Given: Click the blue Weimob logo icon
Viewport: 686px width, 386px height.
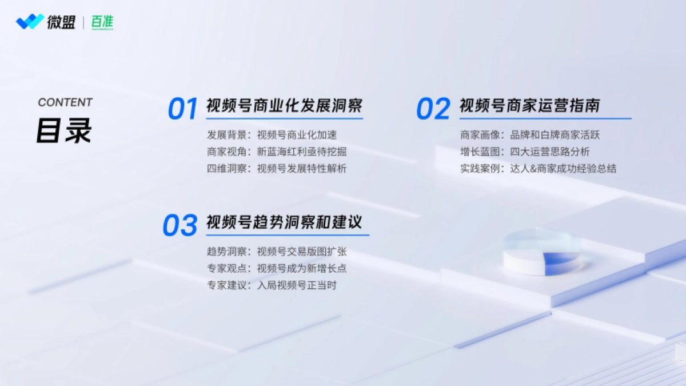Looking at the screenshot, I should click(30, 22).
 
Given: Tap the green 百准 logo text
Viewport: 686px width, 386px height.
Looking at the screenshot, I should click(102, 22).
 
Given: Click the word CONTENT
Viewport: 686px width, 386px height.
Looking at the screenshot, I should click(65, 102).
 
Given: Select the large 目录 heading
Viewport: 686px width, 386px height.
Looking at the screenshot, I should click(64, 131).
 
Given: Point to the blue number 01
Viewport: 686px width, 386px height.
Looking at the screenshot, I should click(183, 109).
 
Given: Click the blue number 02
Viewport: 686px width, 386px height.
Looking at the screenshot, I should click(433, 109).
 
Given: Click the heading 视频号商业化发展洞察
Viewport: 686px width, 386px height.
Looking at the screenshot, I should click(284, 106).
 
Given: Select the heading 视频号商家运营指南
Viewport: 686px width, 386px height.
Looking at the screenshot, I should click(530, 106).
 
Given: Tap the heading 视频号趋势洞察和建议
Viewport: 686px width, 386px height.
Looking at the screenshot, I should click(284, 222).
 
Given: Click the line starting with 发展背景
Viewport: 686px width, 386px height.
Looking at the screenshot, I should click(272, 135).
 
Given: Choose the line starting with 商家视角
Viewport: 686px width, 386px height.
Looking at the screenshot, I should click(277, 152).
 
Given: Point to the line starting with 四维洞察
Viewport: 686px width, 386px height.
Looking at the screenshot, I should click(277, 169).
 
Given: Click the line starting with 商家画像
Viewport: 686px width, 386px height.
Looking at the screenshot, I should click(530, 135).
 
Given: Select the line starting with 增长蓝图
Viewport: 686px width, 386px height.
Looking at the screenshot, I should click(525, 152).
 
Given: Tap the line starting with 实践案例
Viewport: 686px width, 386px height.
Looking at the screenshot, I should click(538, 169).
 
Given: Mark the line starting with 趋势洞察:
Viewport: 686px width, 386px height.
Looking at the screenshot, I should click(277, 252).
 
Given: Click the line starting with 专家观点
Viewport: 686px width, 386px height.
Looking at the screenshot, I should click(277, 268).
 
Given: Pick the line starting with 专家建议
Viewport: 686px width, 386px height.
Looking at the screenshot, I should click(272, 285).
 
